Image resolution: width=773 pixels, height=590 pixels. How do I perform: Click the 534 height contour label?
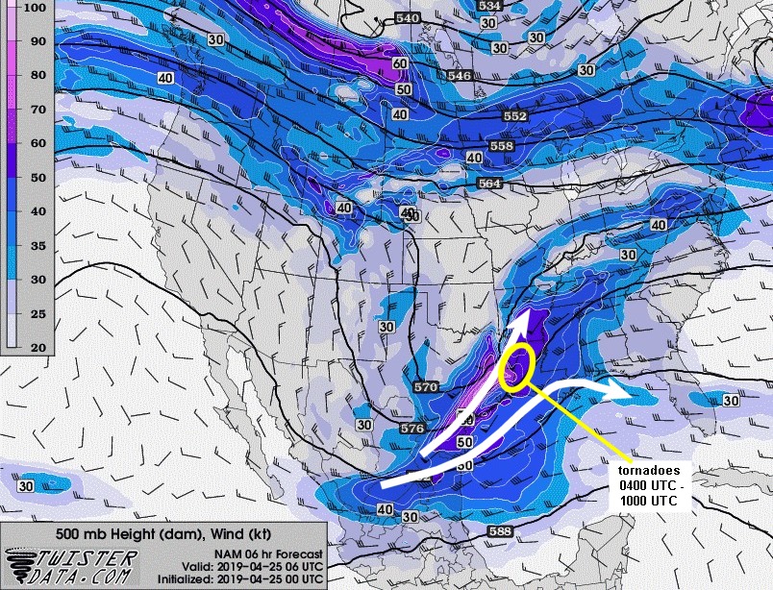point(489,6)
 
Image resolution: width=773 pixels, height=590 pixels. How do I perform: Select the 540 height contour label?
point(408,19)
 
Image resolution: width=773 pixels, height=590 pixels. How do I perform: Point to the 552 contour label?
point(515,115)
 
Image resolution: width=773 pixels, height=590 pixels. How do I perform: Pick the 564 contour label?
point(490,183)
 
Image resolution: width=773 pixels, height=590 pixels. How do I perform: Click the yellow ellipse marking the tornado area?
point(517,367)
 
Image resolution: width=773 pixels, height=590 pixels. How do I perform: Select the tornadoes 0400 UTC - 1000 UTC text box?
point(658,485)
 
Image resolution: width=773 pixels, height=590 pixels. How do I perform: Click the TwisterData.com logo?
point(72,565)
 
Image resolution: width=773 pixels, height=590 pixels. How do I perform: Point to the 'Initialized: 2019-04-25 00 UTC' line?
point(251,578)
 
